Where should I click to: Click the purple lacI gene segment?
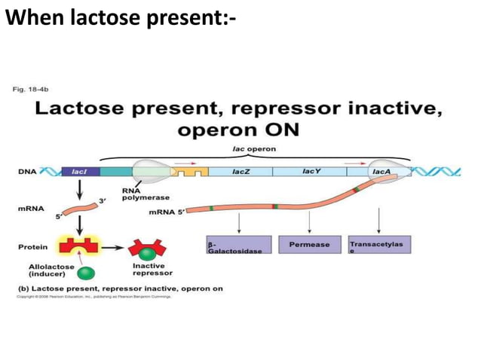point(78,172)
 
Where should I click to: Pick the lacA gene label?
point(381,172)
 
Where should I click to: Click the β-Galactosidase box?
point(234,246)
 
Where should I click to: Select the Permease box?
point(309,245)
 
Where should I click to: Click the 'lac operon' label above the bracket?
point(253,149)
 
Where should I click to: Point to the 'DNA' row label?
point(27,172)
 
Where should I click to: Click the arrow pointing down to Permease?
point(309,222)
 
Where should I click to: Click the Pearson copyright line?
point(94,297)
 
